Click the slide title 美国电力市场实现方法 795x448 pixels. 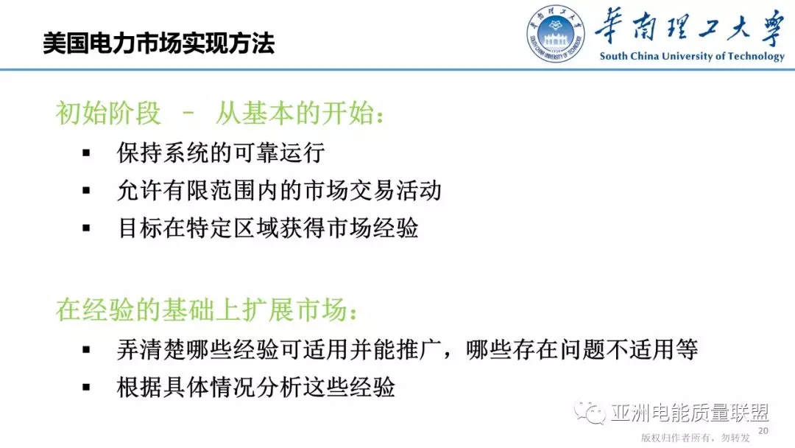pyautogui.click(x=158, y=43)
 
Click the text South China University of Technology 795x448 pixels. pyautogui.click(x=692, y=56)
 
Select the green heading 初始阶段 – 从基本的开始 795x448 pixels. pyautogui.click(x=220, y=113)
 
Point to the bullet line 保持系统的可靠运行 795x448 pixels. pyautogui.click(x=221, y=153)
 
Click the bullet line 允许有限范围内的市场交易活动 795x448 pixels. pyautogui.click(x=279, y=191)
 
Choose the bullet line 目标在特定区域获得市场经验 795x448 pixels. pyautogui.click(x=268, y=228)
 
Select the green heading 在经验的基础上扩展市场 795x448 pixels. pyautogui.click(x=208, y=311)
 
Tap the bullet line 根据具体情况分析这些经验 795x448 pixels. pyautogui.click(x=256, y=387)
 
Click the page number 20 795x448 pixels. pyautogui.click(x=763, y=430)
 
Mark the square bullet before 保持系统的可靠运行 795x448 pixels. pyautogui.click(x=86, y=153)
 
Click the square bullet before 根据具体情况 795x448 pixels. pyautogui.click(x=86, y=388)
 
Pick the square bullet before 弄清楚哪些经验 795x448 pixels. pyautogui.click(x=86, y=350)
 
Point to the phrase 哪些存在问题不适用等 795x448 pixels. pyautogui.click(x=582, y=349)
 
